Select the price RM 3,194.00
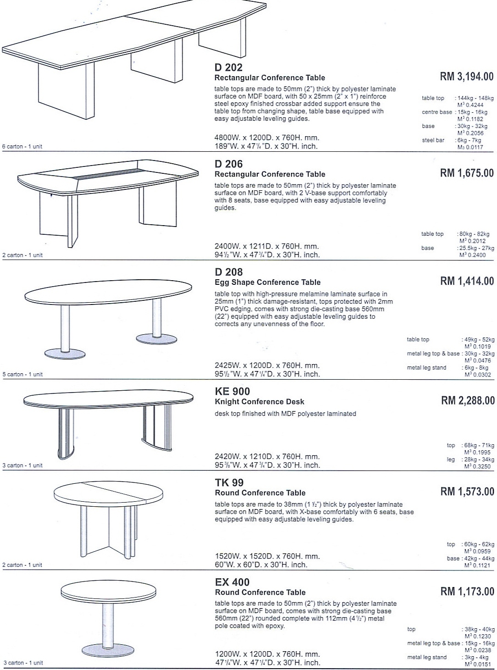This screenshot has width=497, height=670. (x=467, y=77)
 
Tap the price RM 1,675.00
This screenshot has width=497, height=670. (x=467, y=173)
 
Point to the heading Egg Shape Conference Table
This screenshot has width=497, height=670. (x=267, y=282)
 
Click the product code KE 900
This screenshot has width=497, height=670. (x=232, y=391)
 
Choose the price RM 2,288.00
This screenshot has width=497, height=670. (x=468, y=400)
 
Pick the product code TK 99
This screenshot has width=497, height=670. (x=229, y=482)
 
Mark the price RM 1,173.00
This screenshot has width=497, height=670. (x=467, y=592)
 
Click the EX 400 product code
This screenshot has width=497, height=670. (x=232, y=582)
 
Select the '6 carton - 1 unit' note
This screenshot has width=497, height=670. (x=22, y=147)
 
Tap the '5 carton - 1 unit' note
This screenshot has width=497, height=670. (x=22, y=374)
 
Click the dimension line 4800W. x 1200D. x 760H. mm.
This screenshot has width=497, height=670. (x=267, y=138)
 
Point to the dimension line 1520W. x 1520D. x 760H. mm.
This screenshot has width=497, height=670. (x=267, y=556)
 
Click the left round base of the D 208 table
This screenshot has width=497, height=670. (x=65, y=354)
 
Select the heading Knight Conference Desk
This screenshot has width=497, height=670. (x=260, y=402)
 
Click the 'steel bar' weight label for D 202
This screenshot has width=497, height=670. (x=433, y=140)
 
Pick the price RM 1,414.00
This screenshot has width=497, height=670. (x=467, y=281)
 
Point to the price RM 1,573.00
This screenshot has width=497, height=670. (x=467, y=492)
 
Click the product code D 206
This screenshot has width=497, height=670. (x=228, y=164)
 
